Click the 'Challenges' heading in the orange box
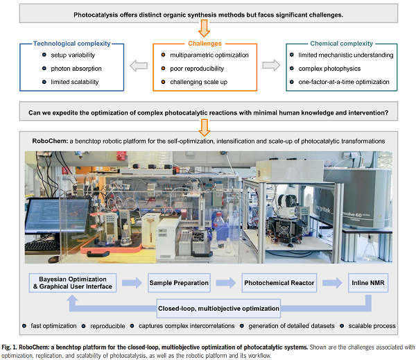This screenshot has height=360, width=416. pyautogui.click(x=204, y=42)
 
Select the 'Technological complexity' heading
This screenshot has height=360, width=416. pyautogui.click(x=73, y=42)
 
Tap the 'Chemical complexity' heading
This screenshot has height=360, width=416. pyautogui.click(x=341, y=42)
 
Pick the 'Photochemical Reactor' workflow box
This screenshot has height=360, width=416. pyautogui.click(x=278, y=282)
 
